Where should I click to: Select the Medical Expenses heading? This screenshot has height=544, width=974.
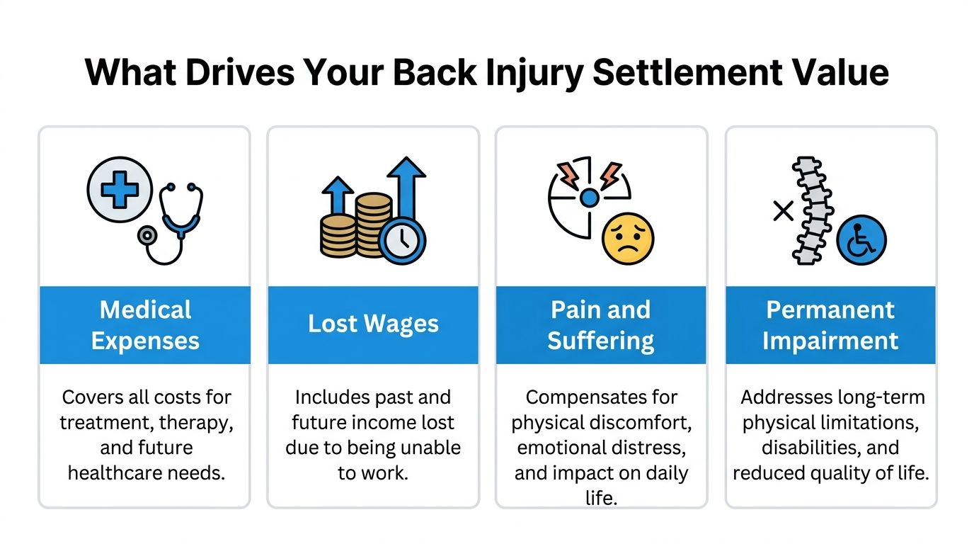[x=145, y=324]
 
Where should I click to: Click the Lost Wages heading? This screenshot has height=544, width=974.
[x=373, y=324]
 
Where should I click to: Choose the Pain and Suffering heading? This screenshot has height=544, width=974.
[x=600, y=324]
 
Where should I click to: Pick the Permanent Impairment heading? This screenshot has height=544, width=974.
[x=830, y=324]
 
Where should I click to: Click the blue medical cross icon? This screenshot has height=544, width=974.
[x=120, y=189]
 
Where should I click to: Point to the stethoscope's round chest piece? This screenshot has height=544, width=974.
[x=147, y=235]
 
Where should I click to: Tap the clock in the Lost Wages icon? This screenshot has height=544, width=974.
[x=402, y=241]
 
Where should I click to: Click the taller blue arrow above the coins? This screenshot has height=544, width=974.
[x=406, y=187]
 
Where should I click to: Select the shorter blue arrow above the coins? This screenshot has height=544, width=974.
[x=338, y=195]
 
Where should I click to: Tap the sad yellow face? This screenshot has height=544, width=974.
[x=628, y=239]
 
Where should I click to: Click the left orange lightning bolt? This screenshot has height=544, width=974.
[x=568, y=175]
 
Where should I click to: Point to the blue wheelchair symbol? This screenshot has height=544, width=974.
[x=861, y=240]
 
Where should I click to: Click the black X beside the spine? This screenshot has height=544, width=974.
[x=783, y=210]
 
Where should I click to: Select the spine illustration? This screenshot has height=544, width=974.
[x=811, y=210]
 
